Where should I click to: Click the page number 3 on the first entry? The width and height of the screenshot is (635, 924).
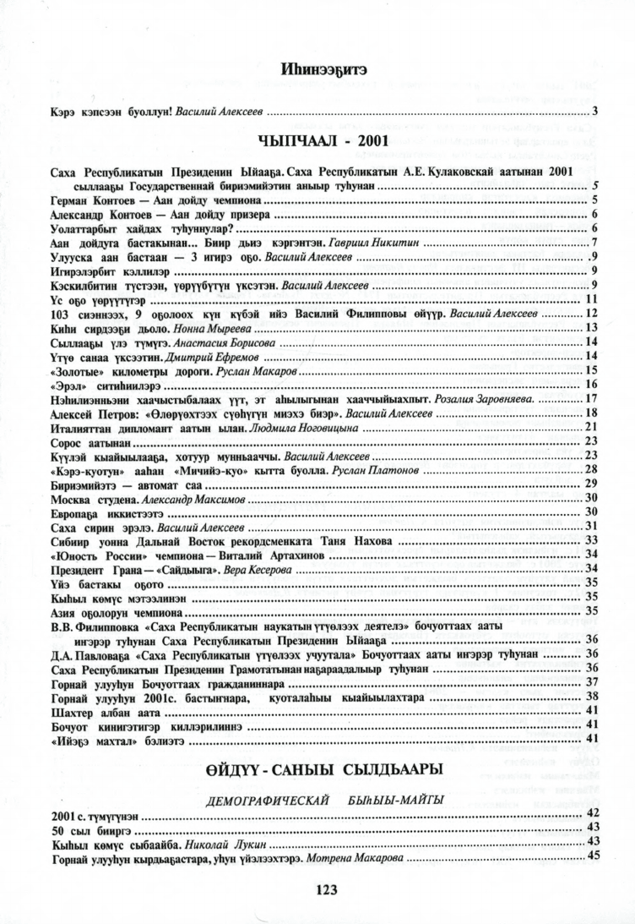pos(594,111)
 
